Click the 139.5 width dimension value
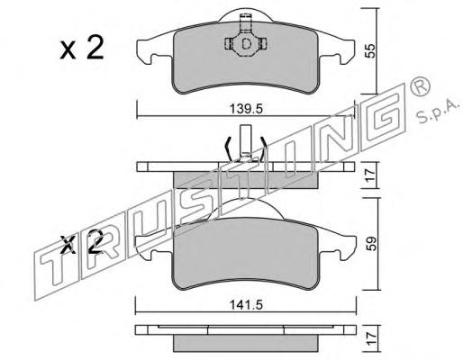[x=246, y=109]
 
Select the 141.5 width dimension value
[x=246, y=305]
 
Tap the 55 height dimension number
[x=371, y=50]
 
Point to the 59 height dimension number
[x=372, y=244]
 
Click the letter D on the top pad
[x=246, y=44]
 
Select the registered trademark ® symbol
[x=420, y=85]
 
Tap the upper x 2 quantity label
[x=82, y=48]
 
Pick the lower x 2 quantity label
[x=82, y=242]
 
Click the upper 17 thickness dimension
[x=371, y=175]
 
